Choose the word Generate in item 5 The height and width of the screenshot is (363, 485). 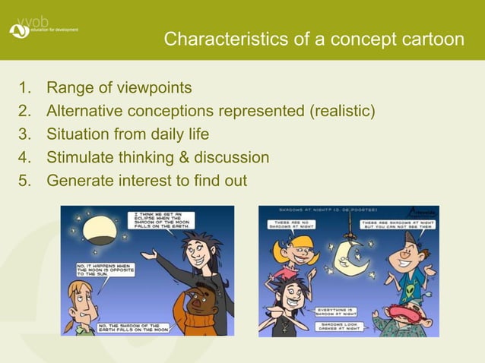[78, 181]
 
